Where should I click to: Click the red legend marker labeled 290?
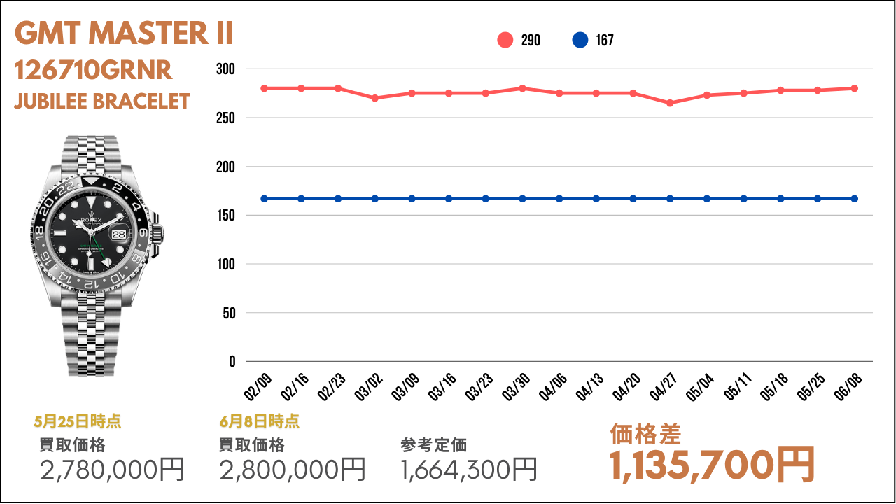pyautogui.click(x=505, y=40)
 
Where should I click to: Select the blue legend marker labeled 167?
pyautogui.click(x=580, y=40)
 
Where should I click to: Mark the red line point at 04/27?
pyautogui.click(x=670, y=103)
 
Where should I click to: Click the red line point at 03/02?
pyautogui.click(x=374, y=98)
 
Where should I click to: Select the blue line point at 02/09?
pyautogui.click(x=264, y=199)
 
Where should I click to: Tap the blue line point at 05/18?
pyautogui.click(x=780, y=199)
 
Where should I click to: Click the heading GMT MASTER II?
pyautogui.click(x=124, y=33)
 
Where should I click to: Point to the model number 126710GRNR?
pyautogui.click(x=93, y=70)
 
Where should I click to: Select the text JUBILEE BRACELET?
pyautogui.click(x=102, y=101)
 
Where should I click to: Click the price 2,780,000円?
pyautogui.click(x=113, y=470)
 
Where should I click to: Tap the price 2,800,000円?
pyautogui.click(x=293, y=470)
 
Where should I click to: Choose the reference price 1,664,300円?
pyautogui.click(x=469, y=470)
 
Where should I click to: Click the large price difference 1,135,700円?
pyautogui.click(x=713, y=465)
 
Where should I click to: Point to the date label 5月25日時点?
pyautogui.click(x=77, y=421)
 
